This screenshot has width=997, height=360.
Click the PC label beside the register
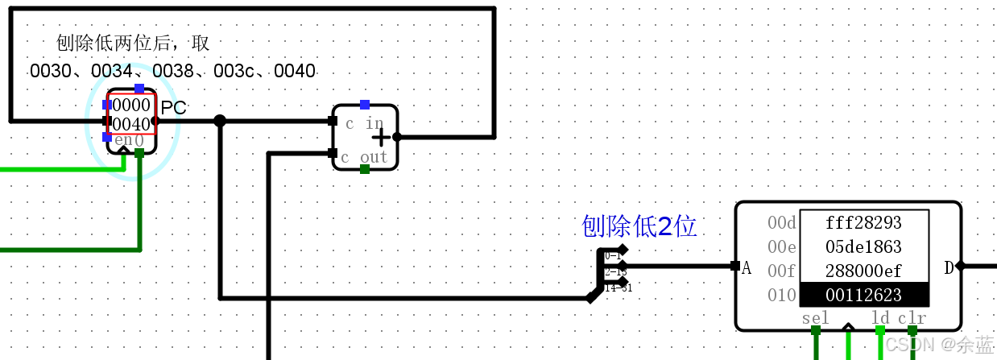pyautogui.click(x=173, y=108)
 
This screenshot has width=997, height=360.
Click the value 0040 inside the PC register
pyautogui.click(x=131, y=124)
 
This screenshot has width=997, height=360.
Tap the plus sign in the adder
pyautogui.click(x=381, y=137)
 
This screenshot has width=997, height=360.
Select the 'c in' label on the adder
pyautogui.click(x=364, y=123)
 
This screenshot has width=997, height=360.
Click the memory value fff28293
pyautogui.click(x=863, y=223)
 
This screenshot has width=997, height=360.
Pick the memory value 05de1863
pyautogui.click(x=863, y=247)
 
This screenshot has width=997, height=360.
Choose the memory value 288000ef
pyautogui.click(x=863, y=271)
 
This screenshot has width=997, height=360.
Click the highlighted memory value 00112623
pyautogui.click(x=863, y=295)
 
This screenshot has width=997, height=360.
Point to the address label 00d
pyautogui.click(x=781, y=223)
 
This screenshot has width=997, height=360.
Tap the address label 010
pyautogui.click(x=781, y=295)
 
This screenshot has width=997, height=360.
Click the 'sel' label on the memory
pyautogui.click(x=815, y=318)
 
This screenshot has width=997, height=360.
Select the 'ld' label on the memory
pyautogui.click(x=880, y=318)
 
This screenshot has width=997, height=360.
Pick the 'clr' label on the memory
pyautogui.click(x=912, y=318)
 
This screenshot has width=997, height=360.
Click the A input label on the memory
pyautogui.click(x=747, y=268)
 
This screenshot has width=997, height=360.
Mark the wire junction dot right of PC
pyautogui.click(x=219, y=121)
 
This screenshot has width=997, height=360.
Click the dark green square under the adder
pyautogui.click(x=365, y=169)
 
